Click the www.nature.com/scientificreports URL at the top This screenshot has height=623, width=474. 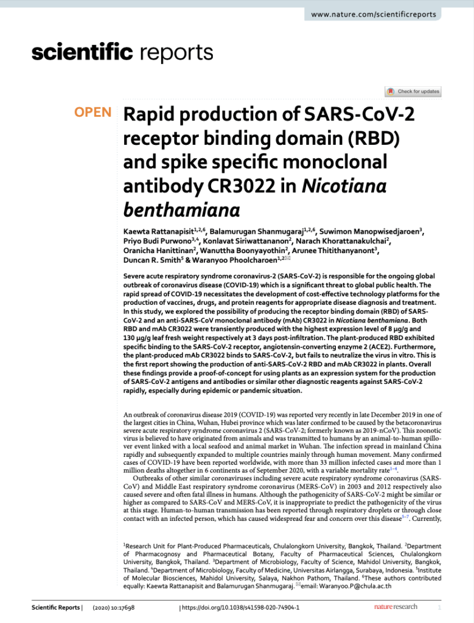click(373, 14)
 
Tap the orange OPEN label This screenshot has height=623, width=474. click(93, 112)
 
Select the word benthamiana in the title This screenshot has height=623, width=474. click(181, 210)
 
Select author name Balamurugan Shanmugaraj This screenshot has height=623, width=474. click(257, 231)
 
